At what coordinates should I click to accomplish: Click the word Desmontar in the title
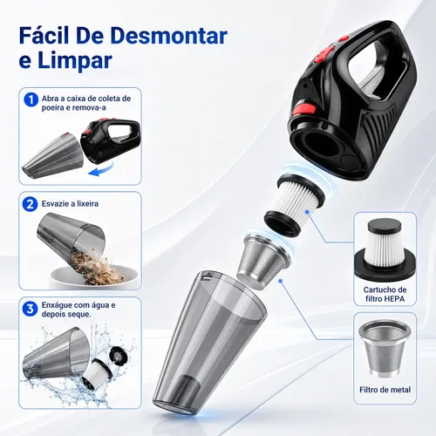(169, 36)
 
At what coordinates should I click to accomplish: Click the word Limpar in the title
(75, 60)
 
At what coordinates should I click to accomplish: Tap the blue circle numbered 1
(31, 100)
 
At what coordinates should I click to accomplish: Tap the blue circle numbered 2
(30, 204)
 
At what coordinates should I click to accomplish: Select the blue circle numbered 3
(30, 309)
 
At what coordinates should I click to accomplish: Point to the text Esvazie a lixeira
(70, 203)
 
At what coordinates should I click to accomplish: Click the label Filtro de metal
(385, 390)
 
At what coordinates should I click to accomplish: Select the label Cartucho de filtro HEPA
(385, 294)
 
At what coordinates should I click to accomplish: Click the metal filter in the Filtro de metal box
(385, 349)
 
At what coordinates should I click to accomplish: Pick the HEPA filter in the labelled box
(385, 250)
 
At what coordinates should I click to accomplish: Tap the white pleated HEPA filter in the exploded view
(294, 204)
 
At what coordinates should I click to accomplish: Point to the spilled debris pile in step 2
(96, 267)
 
